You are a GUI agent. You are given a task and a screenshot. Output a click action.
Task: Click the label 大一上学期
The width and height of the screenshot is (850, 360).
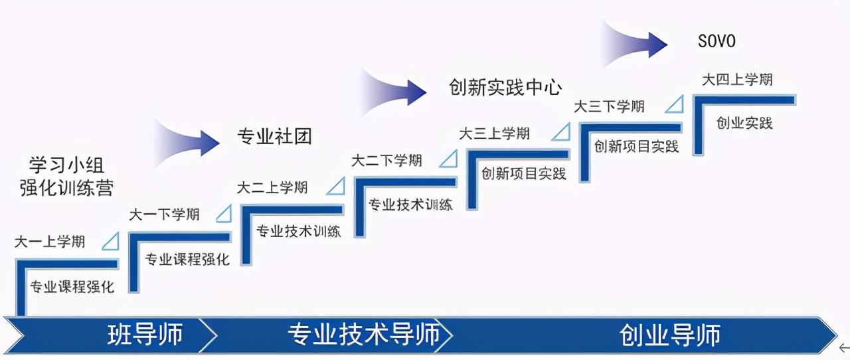pyautogui.click(x=50, y=242)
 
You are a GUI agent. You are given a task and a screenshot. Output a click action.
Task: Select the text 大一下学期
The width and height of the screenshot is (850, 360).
pyautogui.click(x=164, y=215)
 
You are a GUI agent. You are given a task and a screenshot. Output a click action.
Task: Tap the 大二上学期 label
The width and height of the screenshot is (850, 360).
pyautogui.click(x=272, y=187)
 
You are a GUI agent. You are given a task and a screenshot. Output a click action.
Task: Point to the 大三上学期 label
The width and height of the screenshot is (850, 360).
pyautogui.click(x=495, y=134)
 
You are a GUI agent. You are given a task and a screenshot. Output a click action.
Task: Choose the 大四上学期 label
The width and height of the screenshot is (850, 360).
pyautogui.click(x=737, y=80)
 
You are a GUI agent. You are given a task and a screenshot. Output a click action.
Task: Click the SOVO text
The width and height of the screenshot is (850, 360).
pyautogui.click(x=717, y=42)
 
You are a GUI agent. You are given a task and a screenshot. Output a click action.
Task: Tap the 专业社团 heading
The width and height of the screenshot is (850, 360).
pyautogui.click(x=274, y=137)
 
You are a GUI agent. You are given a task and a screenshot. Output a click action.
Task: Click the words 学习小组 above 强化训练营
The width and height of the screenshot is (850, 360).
pyautogui.click(x=66, y=165)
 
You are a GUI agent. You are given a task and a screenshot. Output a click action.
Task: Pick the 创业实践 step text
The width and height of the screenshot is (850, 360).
pyautogui.click(x=744, y=123)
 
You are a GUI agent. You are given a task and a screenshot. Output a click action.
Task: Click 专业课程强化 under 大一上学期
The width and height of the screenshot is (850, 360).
pyautogui.click(x=72, y=287)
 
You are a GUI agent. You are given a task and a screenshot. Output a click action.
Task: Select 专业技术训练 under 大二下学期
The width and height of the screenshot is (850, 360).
pyautogui.click(x=410, y=204)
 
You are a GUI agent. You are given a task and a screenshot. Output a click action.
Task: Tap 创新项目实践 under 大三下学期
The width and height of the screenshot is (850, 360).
pyautogui.click(x=636, y=146)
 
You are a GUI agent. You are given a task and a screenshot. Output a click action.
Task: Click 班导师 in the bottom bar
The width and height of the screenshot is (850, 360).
pyautogui.click(x=145, y=334)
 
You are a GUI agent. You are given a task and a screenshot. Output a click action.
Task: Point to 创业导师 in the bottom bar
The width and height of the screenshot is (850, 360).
pyautogui.click(x=670, y=334)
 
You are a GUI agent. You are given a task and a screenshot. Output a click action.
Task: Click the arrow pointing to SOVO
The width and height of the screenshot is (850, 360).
pyautogui.click(x=634, y=45)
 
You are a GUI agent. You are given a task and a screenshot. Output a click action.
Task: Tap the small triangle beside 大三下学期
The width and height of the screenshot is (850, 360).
pyautogui.click(x=675, y=105)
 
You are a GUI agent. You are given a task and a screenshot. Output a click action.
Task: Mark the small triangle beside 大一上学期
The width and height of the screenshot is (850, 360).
pyautogui.click(x=111, y=241)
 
